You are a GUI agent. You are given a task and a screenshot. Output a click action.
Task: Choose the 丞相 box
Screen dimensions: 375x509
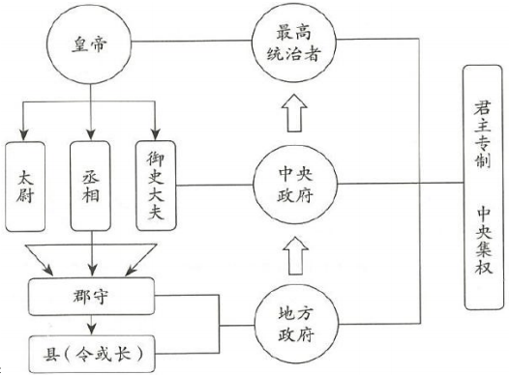coord(90,185)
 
